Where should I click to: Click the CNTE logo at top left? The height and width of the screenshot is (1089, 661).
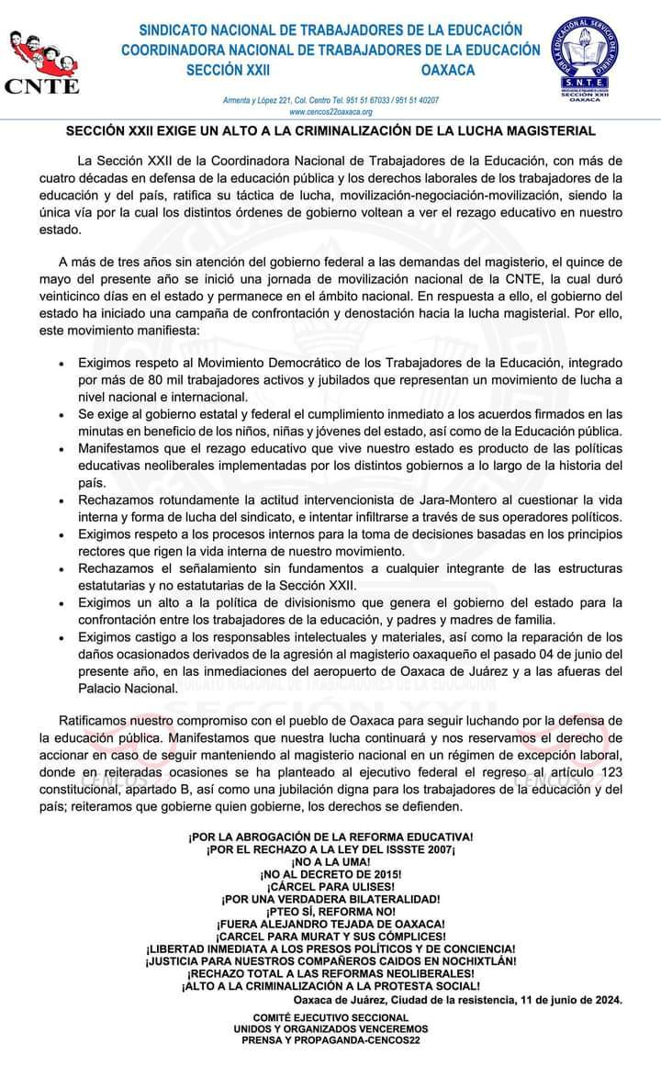click(x=42, y=61)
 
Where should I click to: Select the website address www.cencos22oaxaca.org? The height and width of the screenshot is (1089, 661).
click(x=330, y=111)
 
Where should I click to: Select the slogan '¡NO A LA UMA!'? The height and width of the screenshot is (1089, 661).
click(x=330, y=863)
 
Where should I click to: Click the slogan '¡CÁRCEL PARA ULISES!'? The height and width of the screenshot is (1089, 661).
click(x=330, y=887)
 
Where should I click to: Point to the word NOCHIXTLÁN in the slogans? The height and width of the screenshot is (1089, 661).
click(x=470, y=960)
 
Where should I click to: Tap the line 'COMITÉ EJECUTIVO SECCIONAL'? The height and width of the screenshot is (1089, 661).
click(x=330, y=1018)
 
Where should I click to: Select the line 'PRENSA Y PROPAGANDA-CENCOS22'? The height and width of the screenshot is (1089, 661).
click(x=330, y=1041)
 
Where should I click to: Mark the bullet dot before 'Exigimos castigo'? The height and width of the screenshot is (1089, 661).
click(x=61, y=639)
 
